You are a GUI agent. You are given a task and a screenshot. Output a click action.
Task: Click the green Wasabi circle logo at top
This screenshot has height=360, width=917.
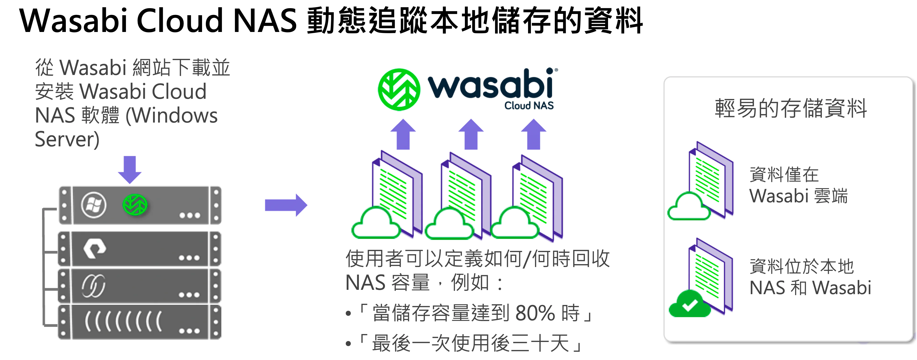(399, 89)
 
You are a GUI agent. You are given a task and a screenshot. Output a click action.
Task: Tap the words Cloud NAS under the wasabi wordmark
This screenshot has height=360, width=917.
(529, 106)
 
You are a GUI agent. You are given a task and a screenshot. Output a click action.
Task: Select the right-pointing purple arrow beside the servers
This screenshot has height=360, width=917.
(286, 205)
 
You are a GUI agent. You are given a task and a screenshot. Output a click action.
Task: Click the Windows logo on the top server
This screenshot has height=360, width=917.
(94, 205)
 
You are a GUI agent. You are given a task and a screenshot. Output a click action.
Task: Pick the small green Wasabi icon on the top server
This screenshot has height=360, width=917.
(135, 204)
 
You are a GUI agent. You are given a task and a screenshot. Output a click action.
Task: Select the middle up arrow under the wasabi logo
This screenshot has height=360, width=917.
(471, 134)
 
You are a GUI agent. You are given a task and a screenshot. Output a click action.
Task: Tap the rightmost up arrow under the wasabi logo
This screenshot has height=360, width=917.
(533, 134)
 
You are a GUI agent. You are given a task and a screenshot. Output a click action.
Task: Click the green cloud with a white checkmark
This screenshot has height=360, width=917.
(689, 304)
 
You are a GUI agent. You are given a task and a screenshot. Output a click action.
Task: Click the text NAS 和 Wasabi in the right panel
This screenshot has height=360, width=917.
(810, 288)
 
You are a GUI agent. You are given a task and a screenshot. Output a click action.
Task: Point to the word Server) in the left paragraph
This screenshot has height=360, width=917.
(67, 139)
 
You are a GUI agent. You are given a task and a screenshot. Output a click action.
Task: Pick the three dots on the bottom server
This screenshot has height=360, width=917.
(189, 331)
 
